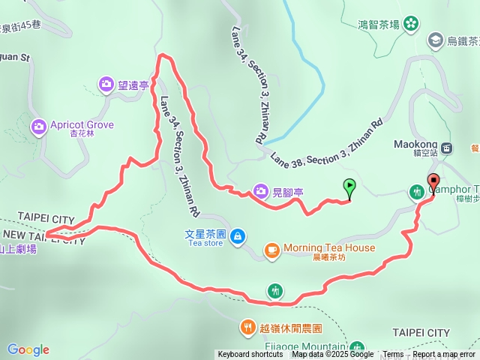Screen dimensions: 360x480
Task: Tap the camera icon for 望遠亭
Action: coord(106,84)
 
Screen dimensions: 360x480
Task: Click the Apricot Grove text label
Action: coord(82,124)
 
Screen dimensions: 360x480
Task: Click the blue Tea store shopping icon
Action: coord(237,237)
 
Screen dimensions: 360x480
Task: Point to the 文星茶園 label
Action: coord(204,233)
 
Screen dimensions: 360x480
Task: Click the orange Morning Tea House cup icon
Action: coord(272,248)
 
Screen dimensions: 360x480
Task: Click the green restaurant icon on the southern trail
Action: coord(276,290)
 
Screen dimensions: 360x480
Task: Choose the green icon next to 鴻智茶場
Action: coord(410,25)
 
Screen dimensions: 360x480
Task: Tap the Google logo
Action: coord(28,349)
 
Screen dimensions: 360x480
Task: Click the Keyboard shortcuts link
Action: coord(250,355)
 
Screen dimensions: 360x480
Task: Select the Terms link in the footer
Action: coord(393,355)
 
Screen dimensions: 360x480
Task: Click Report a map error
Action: coord(445,355)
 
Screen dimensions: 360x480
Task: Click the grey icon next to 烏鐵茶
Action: coord(435,39)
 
